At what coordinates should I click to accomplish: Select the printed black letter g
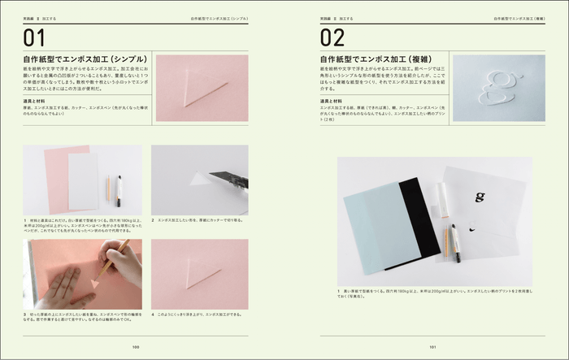(480, 196)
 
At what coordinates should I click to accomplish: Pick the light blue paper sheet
(373, 232)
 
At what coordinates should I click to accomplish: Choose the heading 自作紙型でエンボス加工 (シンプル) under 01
(85, 59)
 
